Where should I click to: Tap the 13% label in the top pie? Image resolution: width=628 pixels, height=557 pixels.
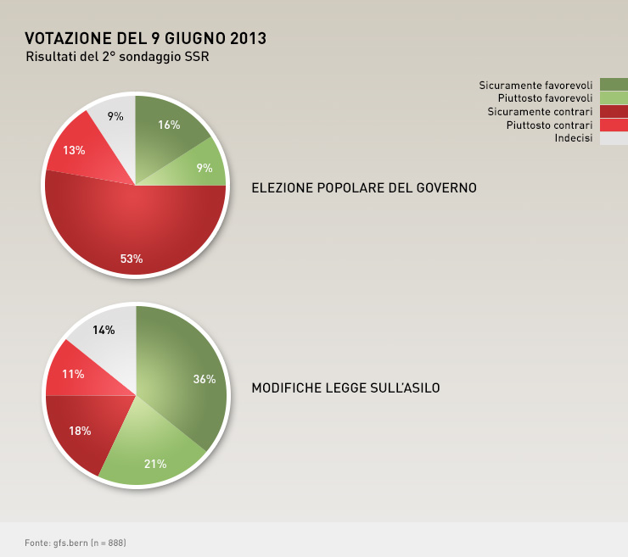74,150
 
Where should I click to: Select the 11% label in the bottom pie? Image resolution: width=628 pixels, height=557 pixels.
73,374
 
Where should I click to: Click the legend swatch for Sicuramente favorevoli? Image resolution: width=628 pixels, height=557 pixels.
614,84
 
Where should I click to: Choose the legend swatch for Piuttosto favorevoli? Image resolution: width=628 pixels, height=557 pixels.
614,97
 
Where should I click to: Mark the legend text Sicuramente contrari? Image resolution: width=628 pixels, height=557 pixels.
540,112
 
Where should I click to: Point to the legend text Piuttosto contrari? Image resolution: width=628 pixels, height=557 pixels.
549,125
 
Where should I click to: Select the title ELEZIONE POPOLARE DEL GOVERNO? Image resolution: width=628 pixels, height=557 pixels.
364,187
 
